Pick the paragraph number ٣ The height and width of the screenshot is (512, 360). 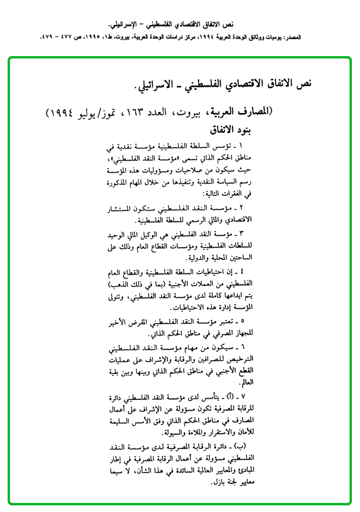click(x=241, y=234)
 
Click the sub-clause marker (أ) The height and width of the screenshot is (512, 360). click(x=227, y=396)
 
